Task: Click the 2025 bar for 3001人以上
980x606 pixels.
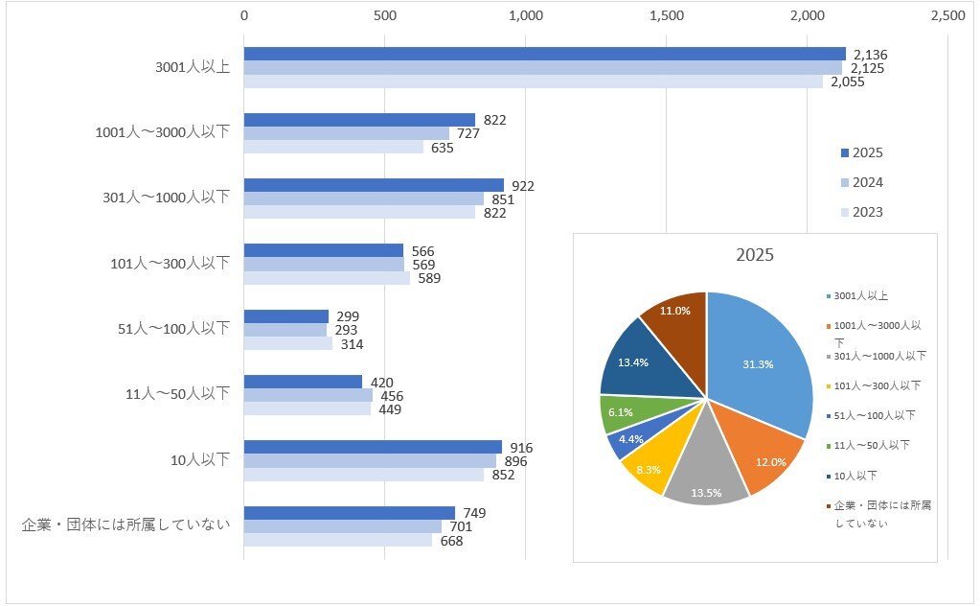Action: [x=544, y=54]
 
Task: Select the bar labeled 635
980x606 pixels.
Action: [x=333, y=148]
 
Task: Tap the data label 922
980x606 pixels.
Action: [x=523, y=185]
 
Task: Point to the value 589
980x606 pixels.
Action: [x=429, y=279]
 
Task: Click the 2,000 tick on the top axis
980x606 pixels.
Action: [x=808, y=15]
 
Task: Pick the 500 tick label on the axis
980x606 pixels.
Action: [x=384, y=15]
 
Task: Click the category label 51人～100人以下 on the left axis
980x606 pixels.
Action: [x=168, y=329]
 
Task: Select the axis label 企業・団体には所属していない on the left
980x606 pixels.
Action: [x=125, y=525]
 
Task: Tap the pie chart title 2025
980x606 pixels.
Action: [x=755, y=256]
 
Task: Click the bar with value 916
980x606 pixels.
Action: [x=373, y=447]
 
